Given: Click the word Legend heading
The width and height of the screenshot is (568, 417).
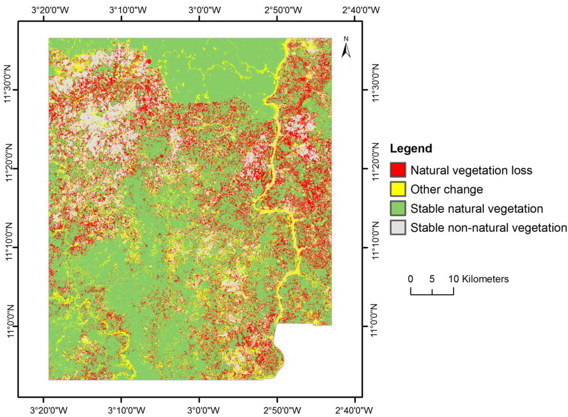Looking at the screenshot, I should pos(411,149).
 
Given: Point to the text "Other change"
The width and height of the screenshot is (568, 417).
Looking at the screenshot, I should pos(447,189).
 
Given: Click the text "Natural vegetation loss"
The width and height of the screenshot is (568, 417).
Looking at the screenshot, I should pos(471,170).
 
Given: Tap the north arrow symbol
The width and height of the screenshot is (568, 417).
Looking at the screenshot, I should pos(346,48).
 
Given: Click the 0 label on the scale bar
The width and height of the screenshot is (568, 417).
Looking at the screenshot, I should pos(410,279).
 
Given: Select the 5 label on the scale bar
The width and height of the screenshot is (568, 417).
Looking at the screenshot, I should pos(432,279).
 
